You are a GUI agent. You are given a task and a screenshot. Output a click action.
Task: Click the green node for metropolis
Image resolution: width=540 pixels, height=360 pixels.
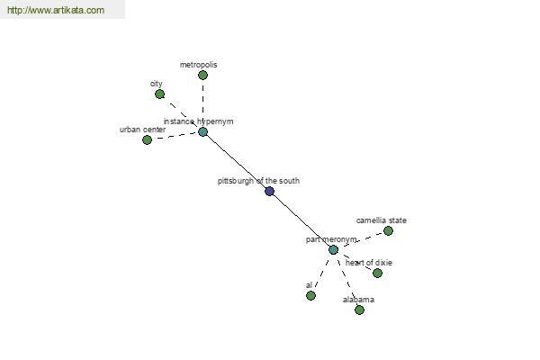coord(202,75)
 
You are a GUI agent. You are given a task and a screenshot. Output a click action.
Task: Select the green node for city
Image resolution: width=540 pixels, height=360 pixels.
coord(159,94)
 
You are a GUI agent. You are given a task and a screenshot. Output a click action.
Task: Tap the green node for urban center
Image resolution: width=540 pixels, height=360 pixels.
coord(147,139)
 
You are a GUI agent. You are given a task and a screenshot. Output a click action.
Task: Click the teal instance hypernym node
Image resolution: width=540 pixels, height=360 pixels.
coord(202,131)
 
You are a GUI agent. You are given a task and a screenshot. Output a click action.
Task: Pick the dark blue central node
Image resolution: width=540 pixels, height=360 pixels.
coord(270,191)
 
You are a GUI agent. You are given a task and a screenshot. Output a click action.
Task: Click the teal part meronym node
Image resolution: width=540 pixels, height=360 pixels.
coord(333,250)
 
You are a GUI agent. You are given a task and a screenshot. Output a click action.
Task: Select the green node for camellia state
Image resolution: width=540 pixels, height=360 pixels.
coord(388,230)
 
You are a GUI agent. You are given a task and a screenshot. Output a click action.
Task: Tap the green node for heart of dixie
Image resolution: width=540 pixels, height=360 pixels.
coord(377,274)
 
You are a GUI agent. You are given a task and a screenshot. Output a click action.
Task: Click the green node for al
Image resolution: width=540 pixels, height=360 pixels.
coord(310,295)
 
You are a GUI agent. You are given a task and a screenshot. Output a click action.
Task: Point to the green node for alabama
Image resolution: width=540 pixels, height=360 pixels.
coord(359,310)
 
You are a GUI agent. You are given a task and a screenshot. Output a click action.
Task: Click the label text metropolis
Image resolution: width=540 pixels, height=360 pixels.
coord(198,65)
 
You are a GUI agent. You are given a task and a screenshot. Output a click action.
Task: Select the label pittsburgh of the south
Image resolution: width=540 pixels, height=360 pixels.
coord(258,181)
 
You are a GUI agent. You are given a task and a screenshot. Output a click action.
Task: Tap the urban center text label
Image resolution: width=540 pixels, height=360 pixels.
coord(142,130)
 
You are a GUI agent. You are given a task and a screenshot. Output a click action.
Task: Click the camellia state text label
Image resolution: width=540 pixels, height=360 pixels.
coord(382,220)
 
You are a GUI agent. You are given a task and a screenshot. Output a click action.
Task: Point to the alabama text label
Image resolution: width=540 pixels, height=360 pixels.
coord(358,300)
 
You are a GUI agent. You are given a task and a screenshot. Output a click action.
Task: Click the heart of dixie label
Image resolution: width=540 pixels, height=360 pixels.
coord(369,263)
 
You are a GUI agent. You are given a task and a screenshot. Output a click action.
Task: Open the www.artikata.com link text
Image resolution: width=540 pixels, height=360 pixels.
coord(56,10)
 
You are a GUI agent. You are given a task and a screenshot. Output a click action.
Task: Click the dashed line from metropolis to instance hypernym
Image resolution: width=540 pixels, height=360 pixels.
coord(202,103)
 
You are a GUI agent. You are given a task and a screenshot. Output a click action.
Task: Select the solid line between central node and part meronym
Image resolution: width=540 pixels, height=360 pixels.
coord(301,220)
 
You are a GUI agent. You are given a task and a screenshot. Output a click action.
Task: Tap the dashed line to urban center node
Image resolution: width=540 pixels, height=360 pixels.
coord(175,136)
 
